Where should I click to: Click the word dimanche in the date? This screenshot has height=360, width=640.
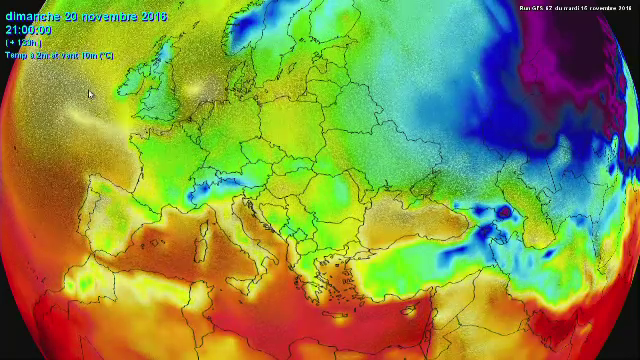coord(31,17)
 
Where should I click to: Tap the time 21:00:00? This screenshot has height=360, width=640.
coord(28,30)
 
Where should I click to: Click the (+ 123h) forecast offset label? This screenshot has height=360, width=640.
coord(22,43)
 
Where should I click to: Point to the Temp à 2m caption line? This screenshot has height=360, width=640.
coord(58,55)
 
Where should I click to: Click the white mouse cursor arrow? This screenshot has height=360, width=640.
coord(90,95)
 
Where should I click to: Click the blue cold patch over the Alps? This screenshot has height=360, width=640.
coord(215,184)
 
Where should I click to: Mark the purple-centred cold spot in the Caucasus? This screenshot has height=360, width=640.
coord(503,212)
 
